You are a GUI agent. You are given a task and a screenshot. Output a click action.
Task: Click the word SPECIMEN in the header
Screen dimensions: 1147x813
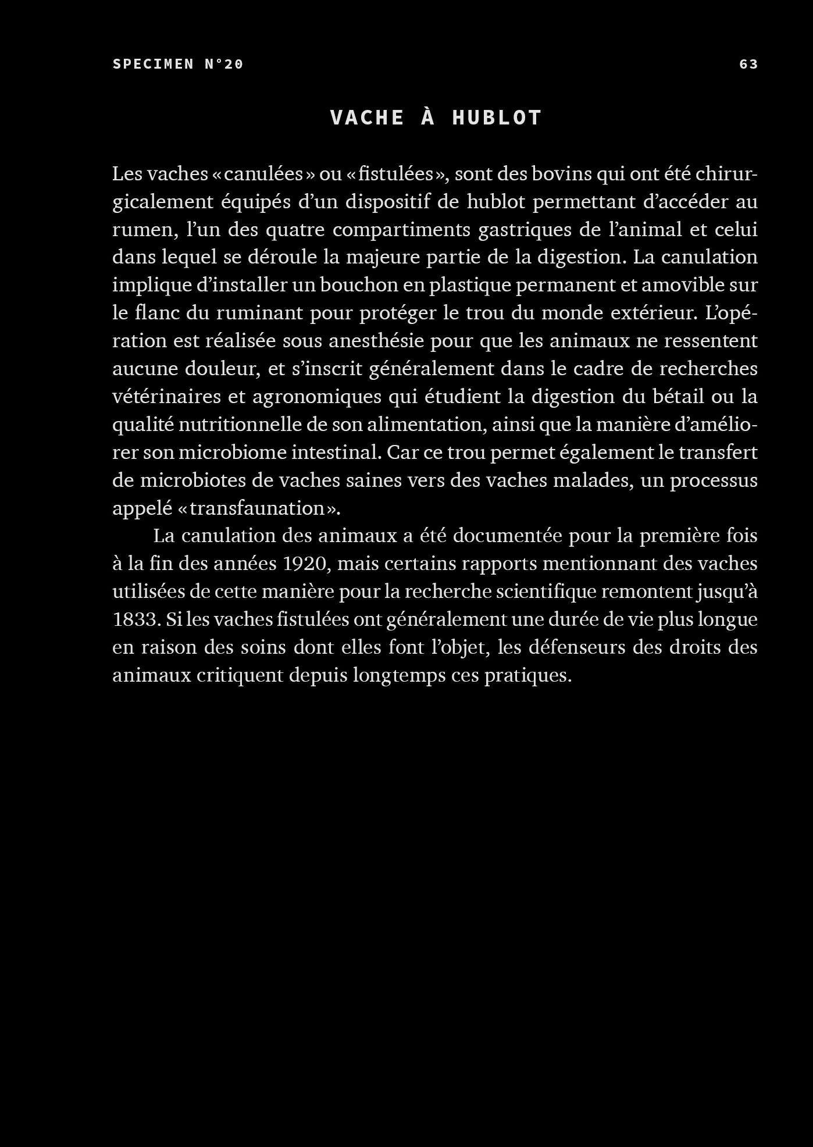click(x=154, y=64)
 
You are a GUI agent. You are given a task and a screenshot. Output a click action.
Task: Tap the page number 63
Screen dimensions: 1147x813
click(x=748, y=64)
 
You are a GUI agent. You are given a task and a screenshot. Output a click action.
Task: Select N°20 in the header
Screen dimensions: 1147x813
click(x=224, y=64)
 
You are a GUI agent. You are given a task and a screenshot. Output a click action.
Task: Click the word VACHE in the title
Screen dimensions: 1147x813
click(x=367, y=117)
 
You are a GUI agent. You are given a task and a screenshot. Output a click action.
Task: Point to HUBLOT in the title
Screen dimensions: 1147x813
click(x=497, y=117)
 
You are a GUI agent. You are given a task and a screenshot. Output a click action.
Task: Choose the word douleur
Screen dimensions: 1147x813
click(x=222, y=369)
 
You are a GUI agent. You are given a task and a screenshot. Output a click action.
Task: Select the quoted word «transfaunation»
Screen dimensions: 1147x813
click(x=257, y=508)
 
